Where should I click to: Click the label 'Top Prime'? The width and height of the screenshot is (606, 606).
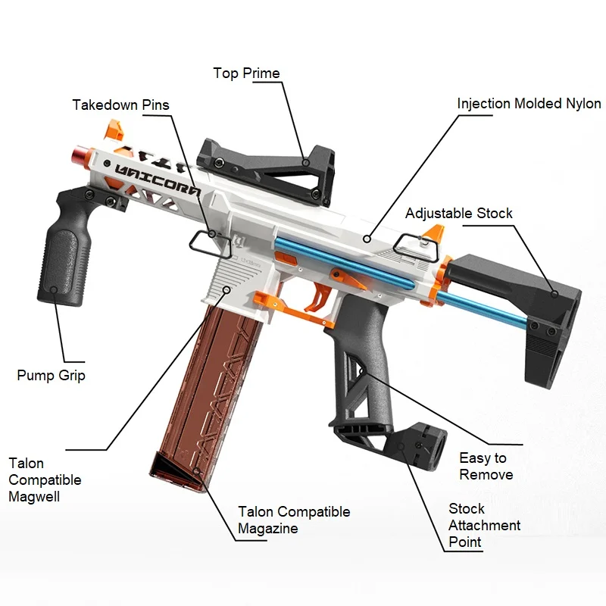point(246,73)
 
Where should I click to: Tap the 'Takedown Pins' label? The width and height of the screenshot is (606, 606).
point(121,105)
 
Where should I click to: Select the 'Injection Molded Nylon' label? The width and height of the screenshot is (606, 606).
point(529,103)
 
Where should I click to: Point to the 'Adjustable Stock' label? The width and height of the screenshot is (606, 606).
point(458,213)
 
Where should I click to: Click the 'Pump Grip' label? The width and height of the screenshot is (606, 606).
point(51,375)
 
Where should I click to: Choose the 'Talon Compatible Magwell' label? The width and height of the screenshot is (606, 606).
point(45,479)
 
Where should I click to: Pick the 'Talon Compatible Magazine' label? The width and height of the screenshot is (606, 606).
point(294,520)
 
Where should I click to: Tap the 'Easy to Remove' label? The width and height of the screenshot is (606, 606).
point(486,466)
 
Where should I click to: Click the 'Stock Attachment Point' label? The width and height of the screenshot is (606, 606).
point(484,525)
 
